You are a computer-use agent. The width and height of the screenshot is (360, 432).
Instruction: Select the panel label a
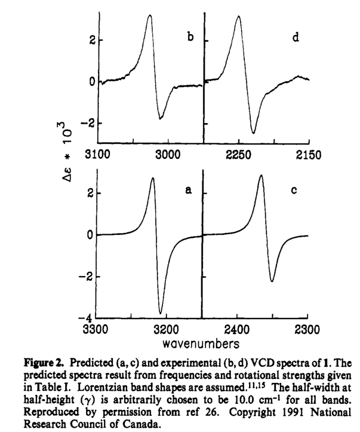[188, 191]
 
